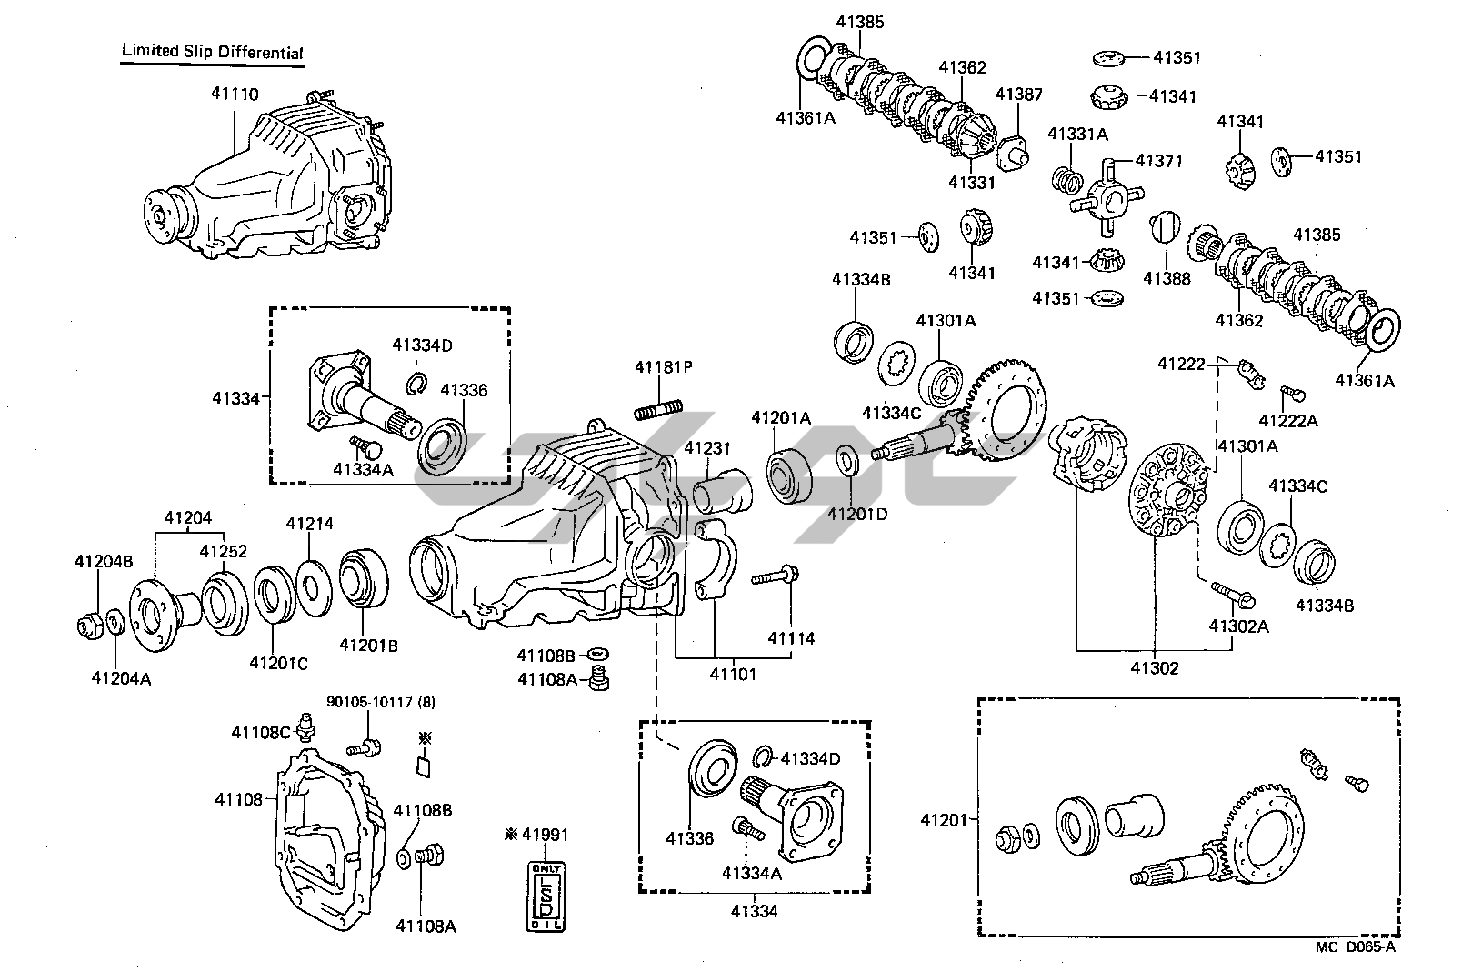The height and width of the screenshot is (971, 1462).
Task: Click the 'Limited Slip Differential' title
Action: (213, 52)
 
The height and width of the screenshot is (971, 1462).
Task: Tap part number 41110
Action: (235, 94)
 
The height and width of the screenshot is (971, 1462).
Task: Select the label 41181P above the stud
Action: (664, 367)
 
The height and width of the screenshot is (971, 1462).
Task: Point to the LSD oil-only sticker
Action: (546, 897)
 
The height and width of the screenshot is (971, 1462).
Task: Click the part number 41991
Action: (546, 835)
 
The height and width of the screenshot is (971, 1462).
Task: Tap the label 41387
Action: (1018, 95)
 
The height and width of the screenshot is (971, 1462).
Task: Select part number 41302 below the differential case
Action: (1155, 668)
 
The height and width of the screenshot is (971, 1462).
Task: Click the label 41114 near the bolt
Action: (791, 638)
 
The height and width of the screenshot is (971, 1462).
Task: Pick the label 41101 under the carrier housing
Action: (733, 674)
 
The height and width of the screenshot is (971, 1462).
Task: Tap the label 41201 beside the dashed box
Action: (946, 819)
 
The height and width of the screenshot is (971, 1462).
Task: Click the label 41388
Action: (1167, 279)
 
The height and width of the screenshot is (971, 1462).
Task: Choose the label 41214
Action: (309, 524)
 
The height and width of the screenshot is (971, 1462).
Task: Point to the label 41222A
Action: (1288, 420)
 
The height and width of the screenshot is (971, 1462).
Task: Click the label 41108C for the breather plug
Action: (260, 732)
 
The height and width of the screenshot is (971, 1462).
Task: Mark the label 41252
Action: (224, 552)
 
